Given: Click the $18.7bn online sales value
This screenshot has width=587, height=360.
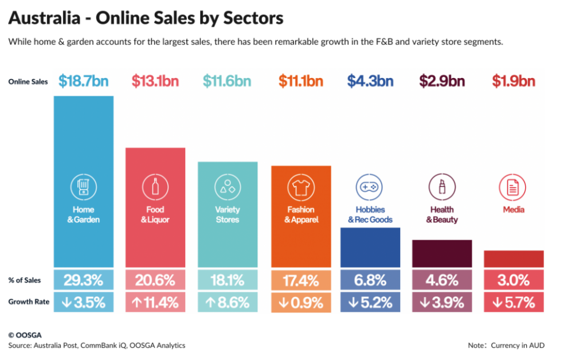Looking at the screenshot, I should (83, 81).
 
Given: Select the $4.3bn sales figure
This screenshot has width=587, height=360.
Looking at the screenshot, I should (370, 81).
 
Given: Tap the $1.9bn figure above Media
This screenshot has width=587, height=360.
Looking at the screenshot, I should (514, 81).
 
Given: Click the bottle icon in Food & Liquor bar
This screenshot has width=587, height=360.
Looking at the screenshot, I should (155, 187).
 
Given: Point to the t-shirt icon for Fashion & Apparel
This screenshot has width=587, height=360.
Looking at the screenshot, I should (300, 187).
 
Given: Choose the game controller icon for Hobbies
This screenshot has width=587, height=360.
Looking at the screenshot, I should (370, 187).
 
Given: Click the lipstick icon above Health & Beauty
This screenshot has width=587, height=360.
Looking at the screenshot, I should (442, 187).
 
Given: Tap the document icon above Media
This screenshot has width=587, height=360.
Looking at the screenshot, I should (513, 187).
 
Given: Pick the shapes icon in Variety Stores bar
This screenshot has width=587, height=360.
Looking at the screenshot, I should (228, 187).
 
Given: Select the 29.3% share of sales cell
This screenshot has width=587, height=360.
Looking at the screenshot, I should (83, 280).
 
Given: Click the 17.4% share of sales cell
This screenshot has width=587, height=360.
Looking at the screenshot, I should (300, 280).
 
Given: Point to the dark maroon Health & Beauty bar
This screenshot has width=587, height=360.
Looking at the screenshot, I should (442, 253).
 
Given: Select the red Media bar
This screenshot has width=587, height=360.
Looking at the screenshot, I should (514, 259).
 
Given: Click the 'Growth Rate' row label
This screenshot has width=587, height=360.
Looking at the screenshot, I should (29, 302).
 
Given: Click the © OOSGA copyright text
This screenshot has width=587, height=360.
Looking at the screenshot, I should (25, 335).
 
